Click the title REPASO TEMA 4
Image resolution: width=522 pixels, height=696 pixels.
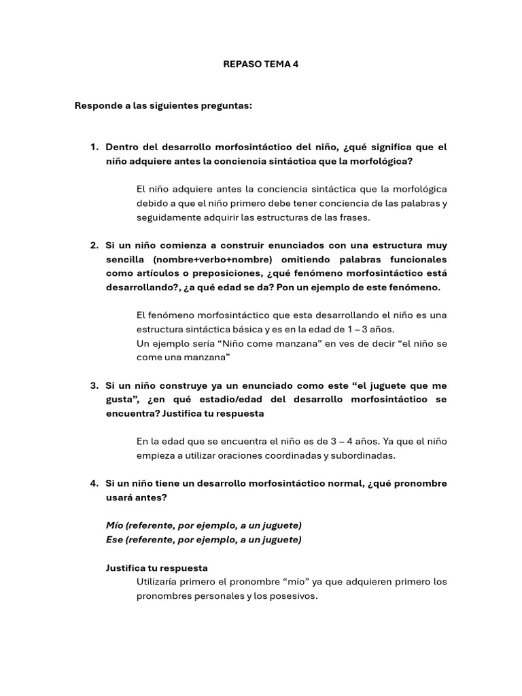click(260, 65)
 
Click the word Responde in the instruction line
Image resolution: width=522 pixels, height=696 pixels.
click(96, 107)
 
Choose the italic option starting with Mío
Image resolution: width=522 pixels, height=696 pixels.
click(204, 525)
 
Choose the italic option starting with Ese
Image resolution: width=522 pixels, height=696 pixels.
click(204, 540)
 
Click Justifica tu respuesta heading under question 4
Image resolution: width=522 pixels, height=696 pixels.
click(157, 568)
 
